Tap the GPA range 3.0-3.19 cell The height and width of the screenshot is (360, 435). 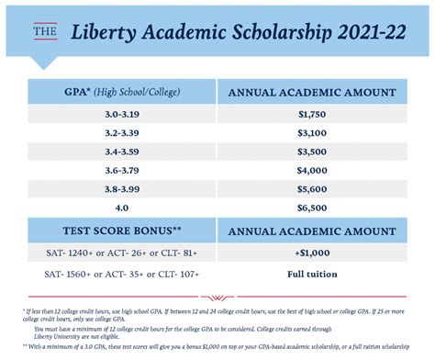121,114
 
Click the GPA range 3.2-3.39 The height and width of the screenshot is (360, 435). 121,133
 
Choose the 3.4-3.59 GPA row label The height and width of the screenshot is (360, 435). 121,152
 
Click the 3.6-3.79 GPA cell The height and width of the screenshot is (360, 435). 121,172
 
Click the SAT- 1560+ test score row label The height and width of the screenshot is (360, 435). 121,274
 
